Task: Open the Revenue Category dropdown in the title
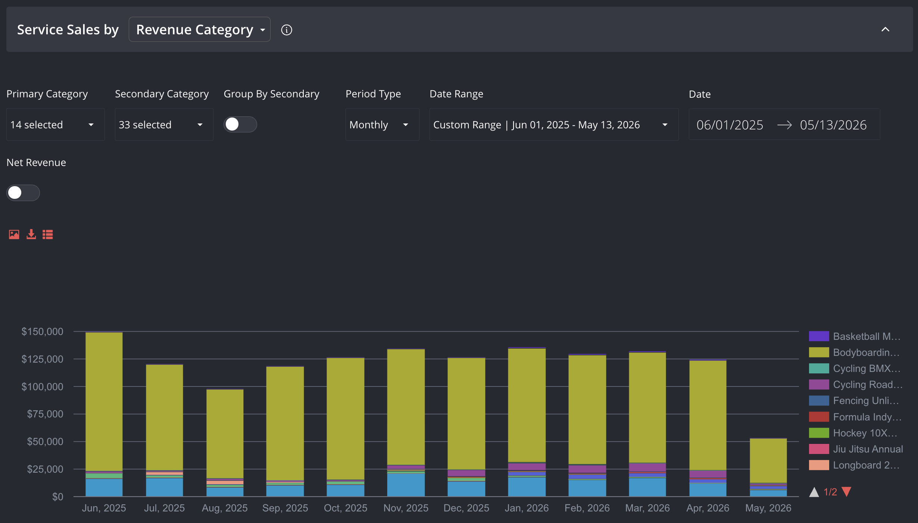point(199,29)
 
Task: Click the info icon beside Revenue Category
point(287,30)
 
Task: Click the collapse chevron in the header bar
point(885,29)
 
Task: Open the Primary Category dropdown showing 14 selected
point(55,125)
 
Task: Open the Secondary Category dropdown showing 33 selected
point(164,125)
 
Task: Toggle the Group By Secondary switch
point(240,124)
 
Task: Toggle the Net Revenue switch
point(23,193)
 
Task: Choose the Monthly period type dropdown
point(382,125)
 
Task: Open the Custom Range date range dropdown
point(554,125)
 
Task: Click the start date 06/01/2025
point(730,125)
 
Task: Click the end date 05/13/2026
point(833,125)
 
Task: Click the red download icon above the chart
point(31,234)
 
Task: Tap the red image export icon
point(14,234)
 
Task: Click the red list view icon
point(48,234)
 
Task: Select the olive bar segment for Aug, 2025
point(225,434)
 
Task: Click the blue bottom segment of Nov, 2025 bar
point(406,485)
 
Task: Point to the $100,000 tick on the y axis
point(42,387)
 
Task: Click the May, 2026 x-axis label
point(768,508)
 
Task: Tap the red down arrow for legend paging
point(846,492)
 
